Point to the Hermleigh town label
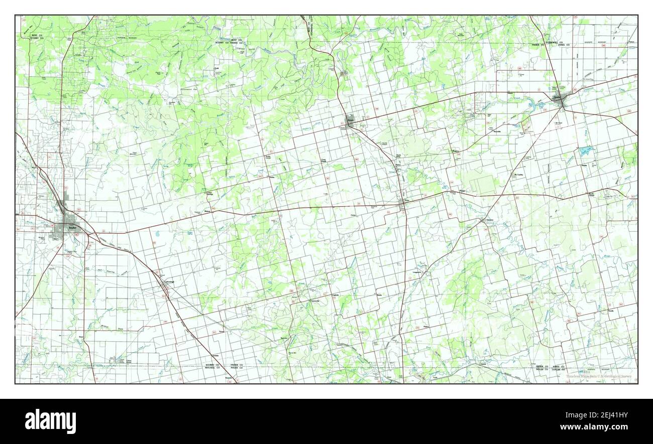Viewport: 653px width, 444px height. pyautogui.click(x=169, y=282)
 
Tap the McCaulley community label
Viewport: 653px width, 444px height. pyautogui.click(x=517, y=175)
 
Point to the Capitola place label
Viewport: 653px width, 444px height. pyautogui.click(x=339, y=295)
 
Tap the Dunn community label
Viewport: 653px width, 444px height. pyautogui.click(x=80, y=337)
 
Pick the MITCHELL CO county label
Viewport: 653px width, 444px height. pyautogui.click(x=212, y=368)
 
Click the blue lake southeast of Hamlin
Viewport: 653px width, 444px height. pyautogui.click(x=585, y=150)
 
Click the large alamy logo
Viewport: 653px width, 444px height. pyautogui.click(x=50, y=421)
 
